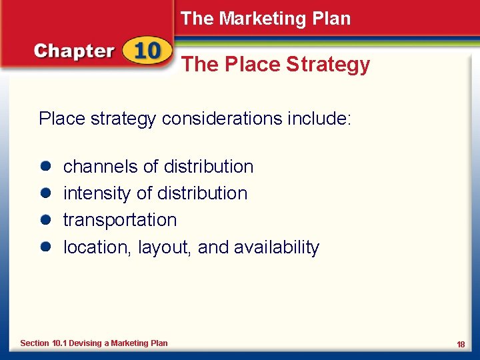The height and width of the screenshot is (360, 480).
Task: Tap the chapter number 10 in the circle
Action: click(x=146, y=51)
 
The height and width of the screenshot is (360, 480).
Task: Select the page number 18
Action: click(x=460, y=344)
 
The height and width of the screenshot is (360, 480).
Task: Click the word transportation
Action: click(x=120, y=220)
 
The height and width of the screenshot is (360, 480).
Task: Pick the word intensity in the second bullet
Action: click(x=97, y=193)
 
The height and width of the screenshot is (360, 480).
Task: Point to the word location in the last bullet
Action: click(x=97, y=247)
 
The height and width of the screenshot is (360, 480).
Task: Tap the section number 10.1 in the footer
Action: click(x=59, y=343)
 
